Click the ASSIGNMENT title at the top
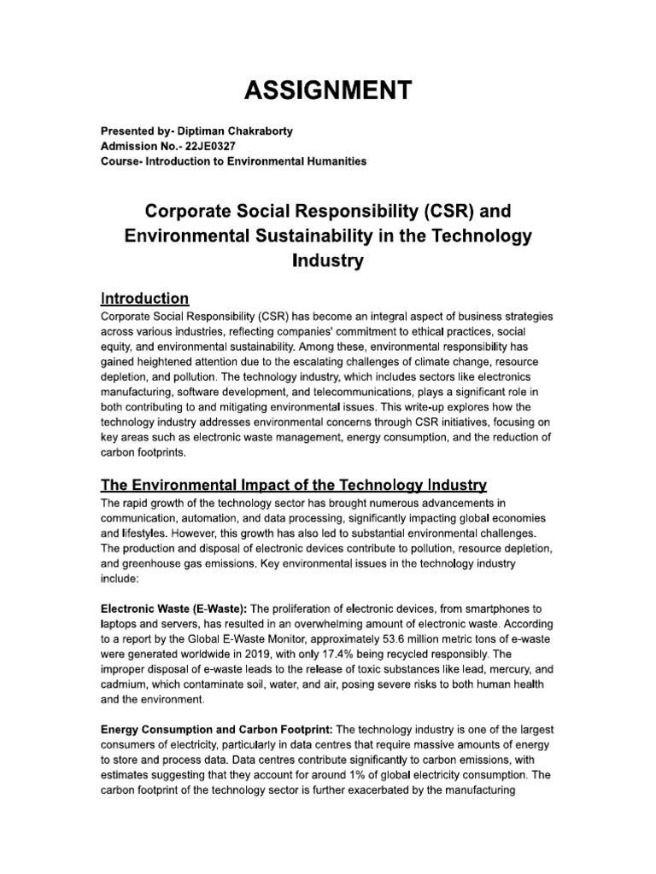click(327, 89)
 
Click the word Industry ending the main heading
click(328, 261)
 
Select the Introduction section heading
click(144, 299)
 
